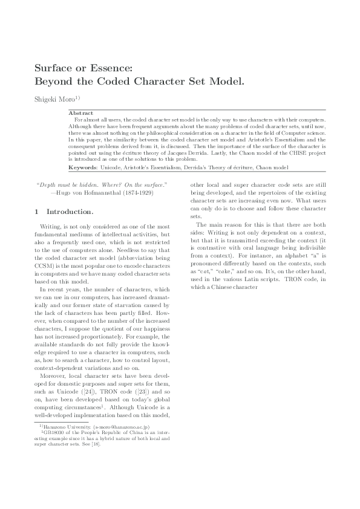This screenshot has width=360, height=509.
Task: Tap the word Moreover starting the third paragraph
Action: tap(51, 375)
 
